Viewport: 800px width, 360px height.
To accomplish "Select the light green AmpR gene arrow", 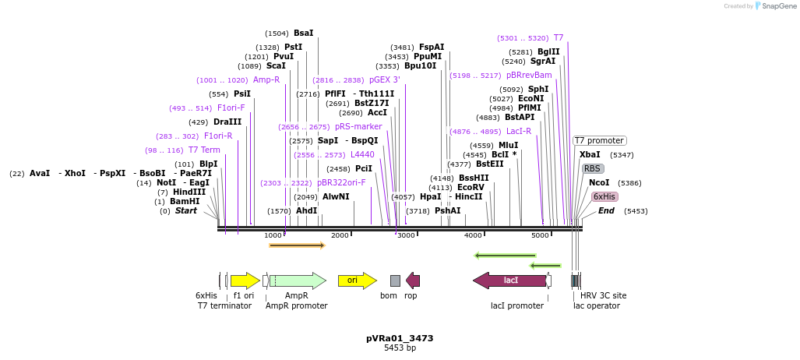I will tap(297, 280).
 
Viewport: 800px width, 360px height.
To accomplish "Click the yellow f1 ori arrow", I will tap(245, 280).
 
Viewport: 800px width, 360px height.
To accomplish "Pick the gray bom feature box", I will tap(395, 281).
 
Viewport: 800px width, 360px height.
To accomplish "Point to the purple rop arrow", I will tap(413, 280).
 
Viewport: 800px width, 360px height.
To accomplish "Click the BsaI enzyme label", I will tap(303, 34).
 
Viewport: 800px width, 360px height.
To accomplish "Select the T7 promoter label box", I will tap(599, 141).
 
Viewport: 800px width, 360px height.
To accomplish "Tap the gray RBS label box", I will tap(592, 168).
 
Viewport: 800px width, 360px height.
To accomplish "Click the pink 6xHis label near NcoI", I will tap(604, 196).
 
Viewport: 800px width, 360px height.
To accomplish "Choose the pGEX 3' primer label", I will tap(385, 80).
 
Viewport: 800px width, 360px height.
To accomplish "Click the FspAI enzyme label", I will tap(432, 48).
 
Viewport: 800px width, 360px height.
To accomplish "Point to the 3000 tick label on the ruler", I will tap(406, 235).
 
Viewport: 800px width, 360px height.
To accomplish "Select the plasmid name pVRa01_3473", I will tap(400, 338).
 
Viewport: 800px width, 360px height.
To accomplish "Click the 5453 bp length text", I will tap(400, 348).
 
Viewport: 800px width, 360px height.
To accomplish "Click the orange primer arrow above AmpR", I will tap(296, 245).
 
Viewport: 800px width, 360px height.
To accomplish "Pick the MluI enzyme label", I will tap(508, 146).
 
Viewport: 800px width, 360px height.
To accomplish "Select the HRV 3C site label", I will tap(603, 295).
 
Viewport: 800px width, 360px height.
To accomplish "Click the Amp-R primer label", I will tap(266, 80).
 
